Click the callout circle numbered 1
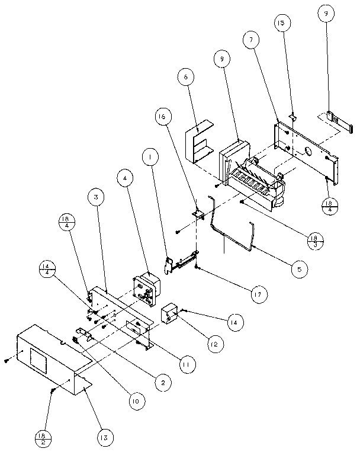[x=151, y=157]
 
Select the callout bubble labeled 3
[x=96, y=196]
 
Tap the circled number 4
[x=125, y=177]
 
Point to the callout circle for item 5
[x=299, y=269]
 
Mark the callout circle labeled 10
[x=135, y=401]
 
